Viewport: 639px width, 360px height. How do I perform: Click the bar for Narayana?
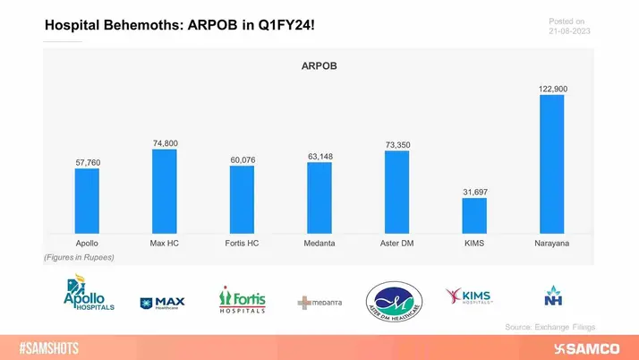click(551, 165)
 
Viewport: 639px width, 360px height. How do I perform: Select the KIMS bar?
click(474, 217)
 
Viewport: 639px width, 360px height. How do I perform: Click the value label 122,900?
click(551, 88)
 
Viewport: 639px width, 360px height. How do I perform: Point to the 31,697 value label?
click(474, 192)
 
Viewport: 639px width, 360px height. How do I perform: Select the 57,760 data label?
click(87, 162)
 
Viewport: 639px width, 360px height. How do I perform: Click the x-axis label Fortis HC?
click(242, 243)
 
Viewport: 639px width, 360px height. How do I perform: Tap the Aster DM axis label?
click(396, 243)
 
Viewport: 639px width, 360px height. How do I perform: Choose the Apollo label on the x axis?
click(87, 243)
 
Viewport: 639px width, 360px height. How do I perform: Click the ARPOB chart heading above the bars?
click(319, 65)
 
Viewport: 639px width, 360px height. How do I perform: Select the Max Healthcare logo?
click(163, 303)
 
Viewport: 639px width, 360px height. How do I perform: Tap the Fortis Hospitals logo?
click(242, 299)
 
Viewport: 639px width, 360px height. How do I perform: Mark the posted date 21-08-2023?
click(569, 32)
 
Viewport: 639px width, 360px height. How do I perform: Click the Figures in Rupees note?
click(79, 257)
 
